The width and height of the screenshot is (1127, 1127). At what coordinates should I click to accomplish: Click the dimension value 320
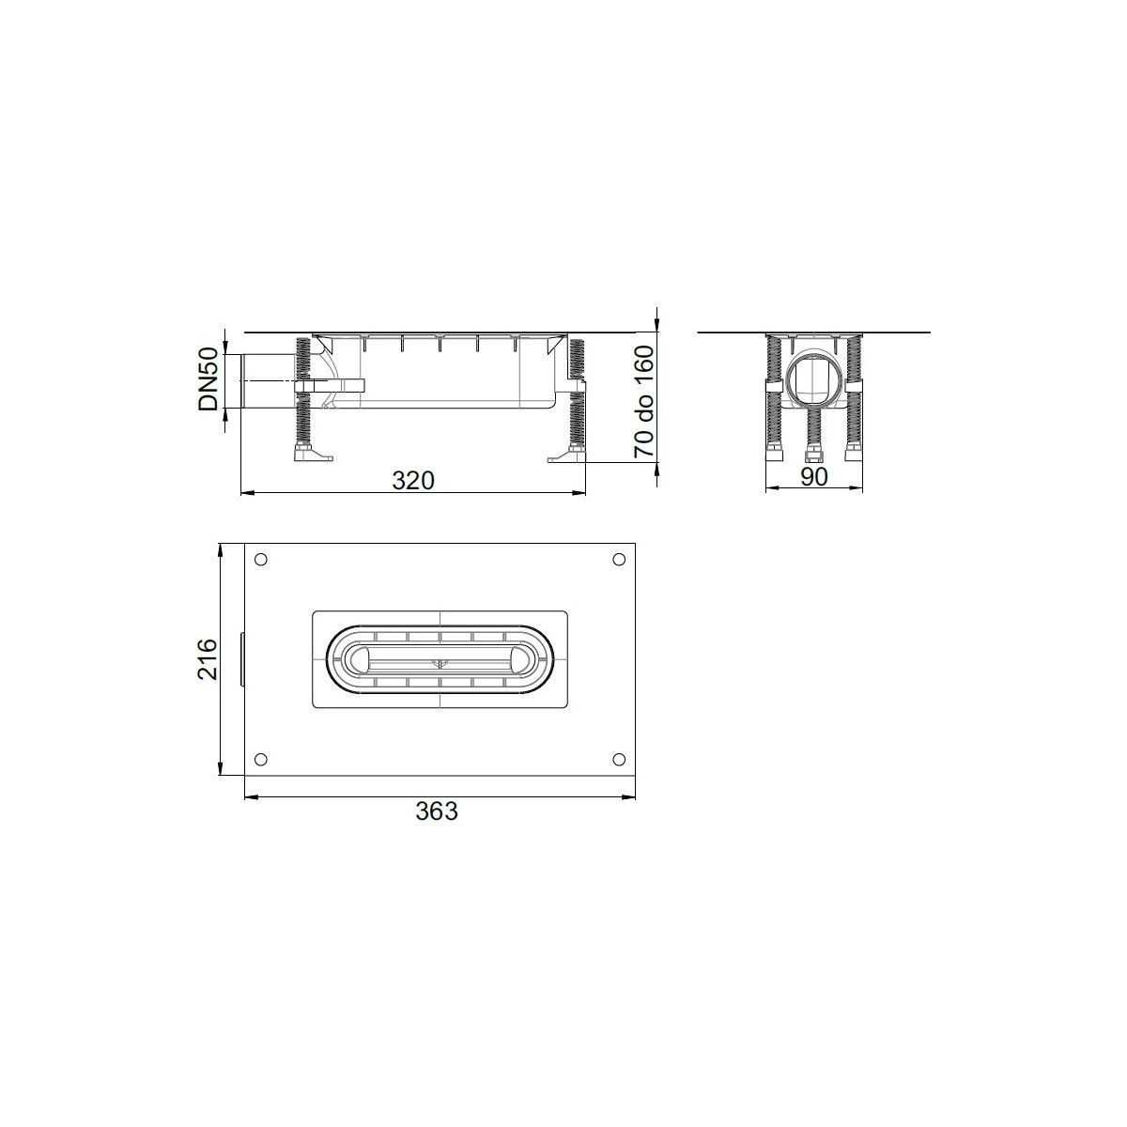tap(413, 481)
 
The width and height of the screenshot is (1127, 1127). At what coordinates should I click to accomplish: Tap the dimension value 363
tap(437, 811)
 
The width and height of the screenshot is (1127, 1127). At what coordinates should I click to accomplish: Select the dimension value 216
tap(208, 659)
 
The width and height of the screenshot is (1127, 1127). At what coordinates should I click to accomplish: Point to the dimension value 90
tap(814, 477)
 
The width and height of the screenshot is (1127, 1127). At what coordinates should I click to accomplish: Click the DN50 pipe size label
tap(208, 379)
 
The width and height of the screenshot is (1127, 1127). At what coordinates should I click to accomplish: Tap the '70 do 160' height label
tap(644, 402)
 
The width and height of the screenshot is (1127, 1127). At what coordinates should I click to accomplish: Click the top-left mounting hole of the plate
tap(261, 560)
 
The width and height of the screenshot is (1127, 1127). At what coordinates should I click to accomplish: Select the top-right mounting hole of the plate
tap(619, 560)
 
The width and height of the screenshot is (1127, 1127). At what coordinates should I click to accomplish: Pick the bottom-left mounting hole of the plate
tap(261, 760)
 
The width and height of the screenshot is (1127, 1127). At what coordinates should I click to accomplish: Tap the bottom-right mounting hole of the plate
tap(619, 760)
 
